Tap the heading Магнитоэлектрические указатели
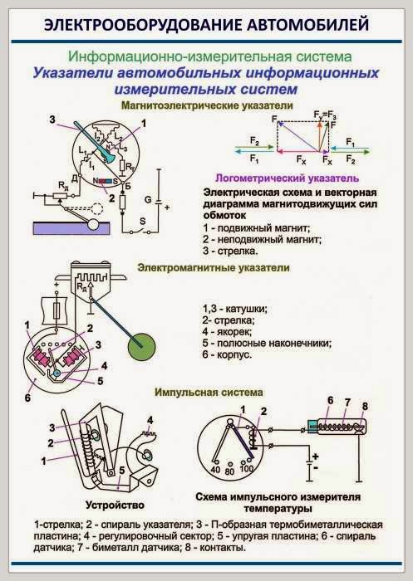click(207, 106)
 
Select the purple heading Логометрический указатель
click(286, 178)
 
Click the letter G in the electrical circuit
click(147, 200)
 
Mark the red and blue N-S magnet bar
click(105, 180)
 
